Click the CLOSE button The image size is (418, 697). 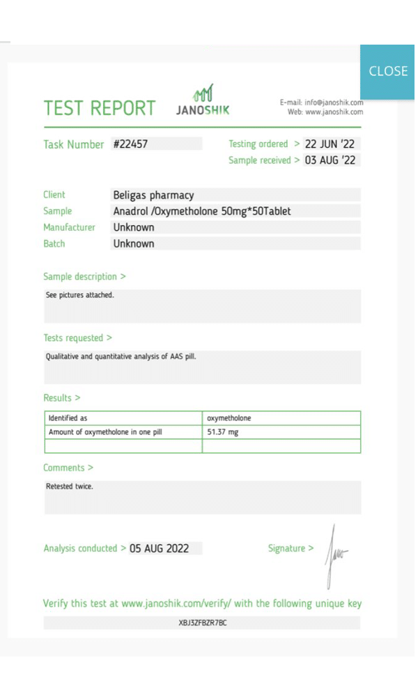[x=388, y=71]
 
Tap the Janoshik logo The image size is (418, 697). [x=202, y=101]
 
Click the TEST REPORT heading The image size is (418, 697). [x=100, y=109]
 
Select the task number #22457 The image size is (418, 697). [x=130, y=144]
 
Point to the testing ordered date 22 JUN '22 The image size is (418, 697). [x=330, y=144]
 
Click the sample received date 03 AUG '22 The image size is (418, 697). [x=330, y=160]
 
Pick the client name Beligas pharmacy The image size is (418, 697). [x=153, y=195]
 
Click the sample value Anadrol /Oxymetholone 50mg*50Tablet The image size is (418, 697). [x=202, y=211]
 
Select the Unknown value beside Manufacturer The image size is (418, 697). [x=134, y=227]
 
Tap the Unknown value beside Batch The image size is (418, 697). [x=134, y=243]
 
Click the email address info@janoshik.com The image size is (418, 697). [x=334, y=102]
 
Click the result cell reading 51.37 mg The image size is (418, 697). [x=223, y=432]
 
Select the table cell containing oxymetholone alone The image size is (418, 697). [x=229, y=418]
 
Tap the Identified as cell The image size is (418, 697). [x=68, y=418]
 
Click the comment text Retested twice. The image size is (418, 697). [x=70, y=487]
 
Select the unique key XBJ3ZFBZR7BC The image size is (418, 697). [x=203, y=622]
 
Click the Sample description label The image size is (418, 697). [x=84, y=277]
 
